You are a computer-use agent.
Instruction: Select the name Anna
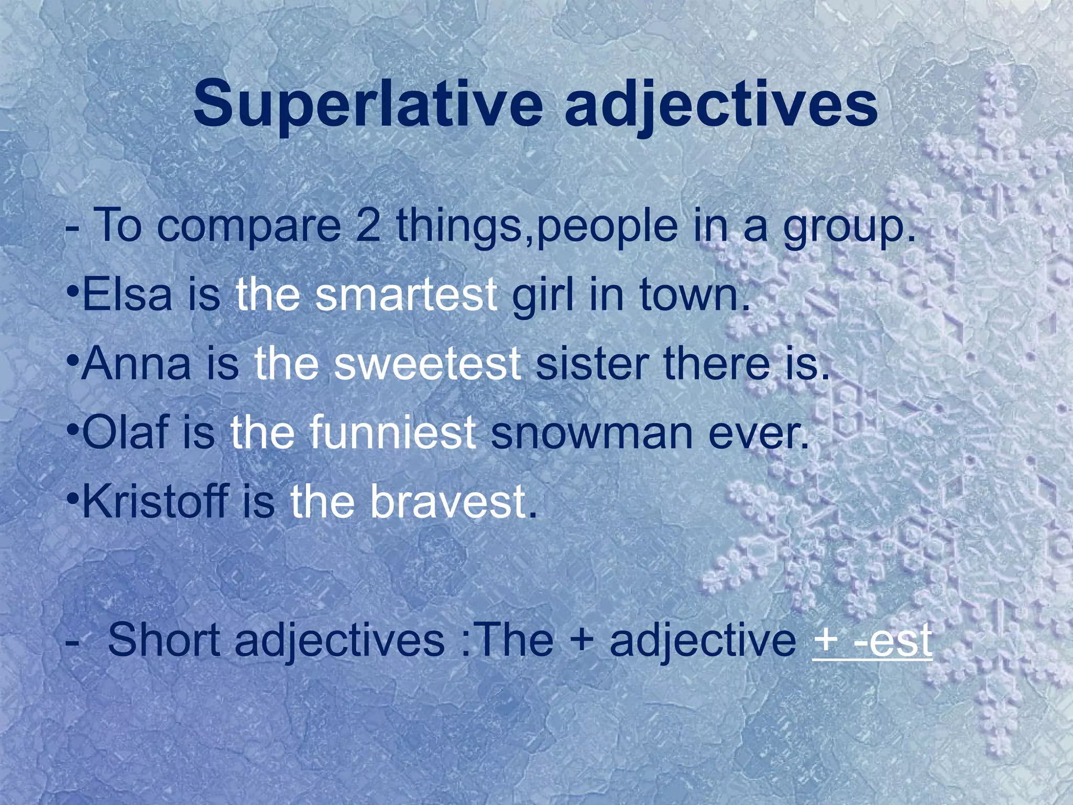pos(136,364)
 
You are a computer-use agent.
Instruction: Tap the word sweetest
pos(427,364)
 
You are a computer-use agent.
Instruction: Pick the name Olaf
pos(126,433)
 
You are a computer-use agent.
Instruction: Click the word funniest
pos(392,433)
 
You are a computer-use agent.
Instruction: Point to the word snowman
pos(592,433)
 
